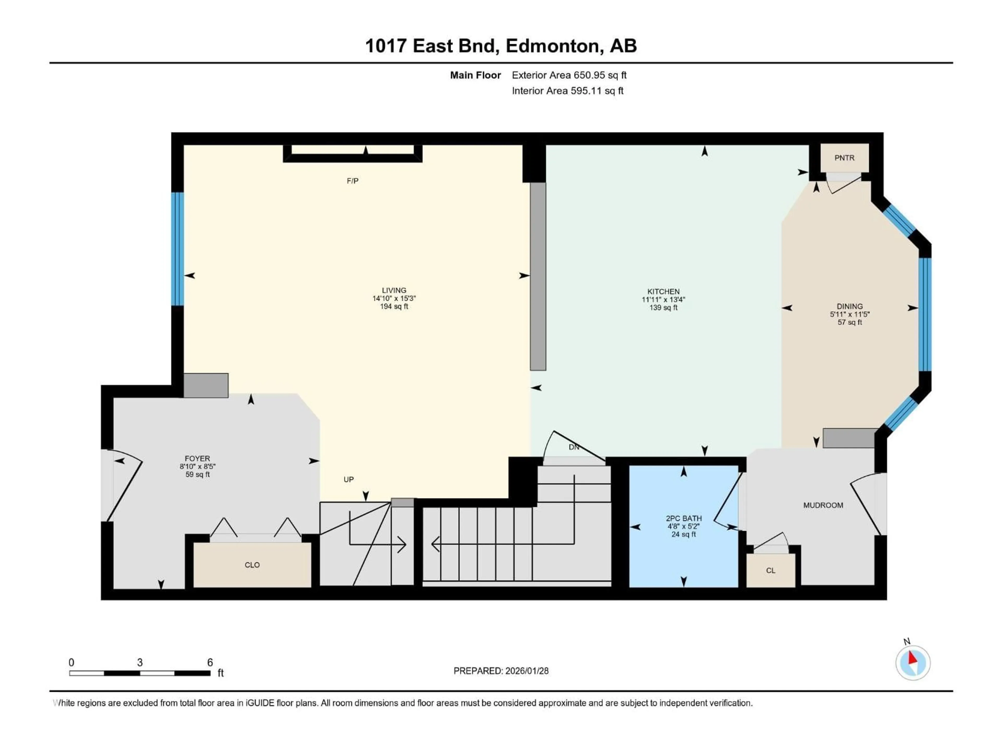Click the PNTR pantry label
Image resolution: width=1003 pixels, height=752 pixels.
pyautogui.click(x=844, y=158)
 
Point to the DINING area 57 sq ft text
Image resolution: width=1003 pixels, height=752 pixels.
pyautogui.click(x=849, y=322)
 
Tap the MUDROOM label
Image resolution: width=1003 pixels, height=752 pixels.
pyautogui.click(x=823, y=505)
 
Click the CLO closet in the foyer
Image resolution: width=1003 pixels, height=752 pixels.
pyautogui.click(x=252, y=565)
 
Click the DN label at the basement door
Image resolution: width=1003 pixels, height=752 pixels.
pyautogui.click(x=574, y=447)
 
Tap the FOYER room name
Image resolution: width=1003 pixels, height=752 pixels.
pyautogui.click(x=197, y=458)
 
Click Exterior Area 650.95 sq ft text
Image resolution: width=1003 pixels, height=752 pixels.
pyautogui.click(x=569, y=75)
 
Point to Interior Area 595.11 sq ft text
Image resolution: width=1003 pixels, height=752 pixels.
pyautogui.click(x=567, y=91)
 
